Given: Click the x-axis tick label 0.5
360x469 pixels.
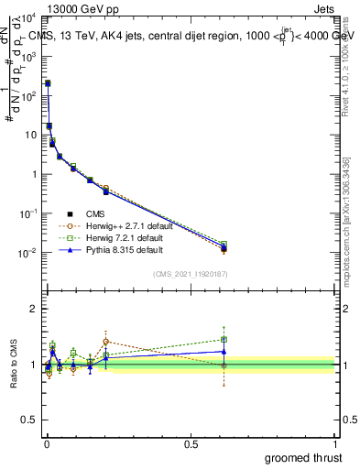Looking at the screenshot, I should coord(191,443).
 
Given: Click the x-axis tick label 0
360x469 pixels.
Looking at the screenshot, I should coord(47,443).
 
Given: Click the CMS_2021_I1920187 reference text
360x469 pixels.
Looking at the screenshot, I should coord(191,273).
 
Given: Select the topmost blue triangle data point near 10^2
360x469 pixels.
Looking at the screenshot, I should coord(48,83).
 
